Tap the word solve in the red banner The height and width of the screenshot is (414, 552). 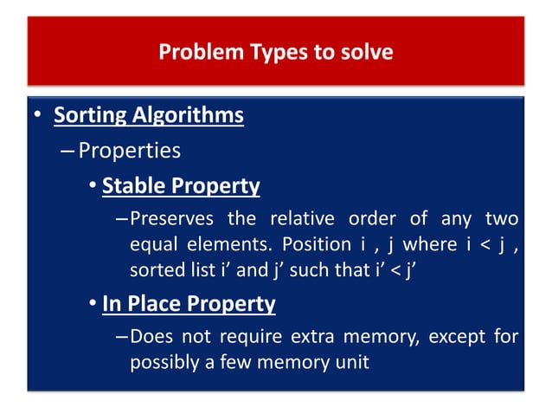(367, 53)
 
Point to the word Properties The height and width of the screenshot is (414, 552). (129, 151)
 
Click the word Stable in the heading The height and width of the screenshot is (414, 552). (134, 185)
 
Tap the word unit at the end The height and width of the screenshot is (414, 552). (350, 361)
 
